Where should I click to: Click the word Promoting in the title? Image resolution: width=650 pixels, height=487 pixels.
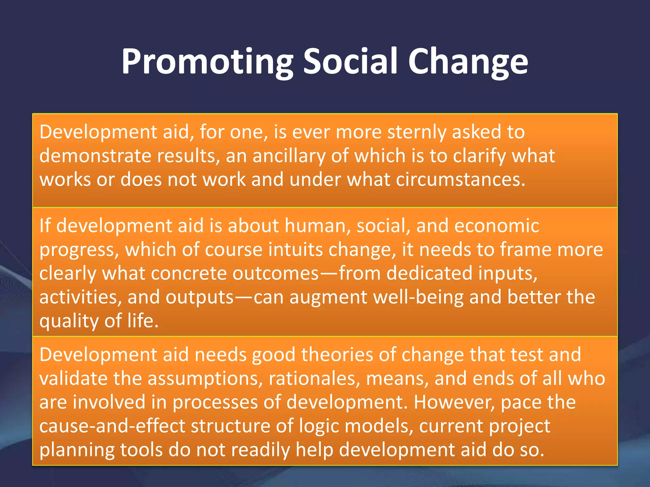(x=207, y=62)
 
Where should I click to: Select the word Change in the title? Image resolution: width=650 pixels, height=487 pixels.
(x=468, y=62)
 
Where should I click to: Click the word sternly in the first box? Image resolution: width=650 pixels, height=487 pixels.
(x=417, y=132)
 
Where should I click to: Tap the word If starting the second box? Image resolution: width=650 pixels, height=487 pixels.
(x=45, y=226)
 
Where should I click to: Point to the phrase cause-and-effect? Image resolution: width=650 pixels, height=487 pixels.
(x=112, y=426)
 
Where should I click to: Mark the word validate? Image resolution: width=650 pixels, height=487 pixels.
(x=73, y=379)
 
